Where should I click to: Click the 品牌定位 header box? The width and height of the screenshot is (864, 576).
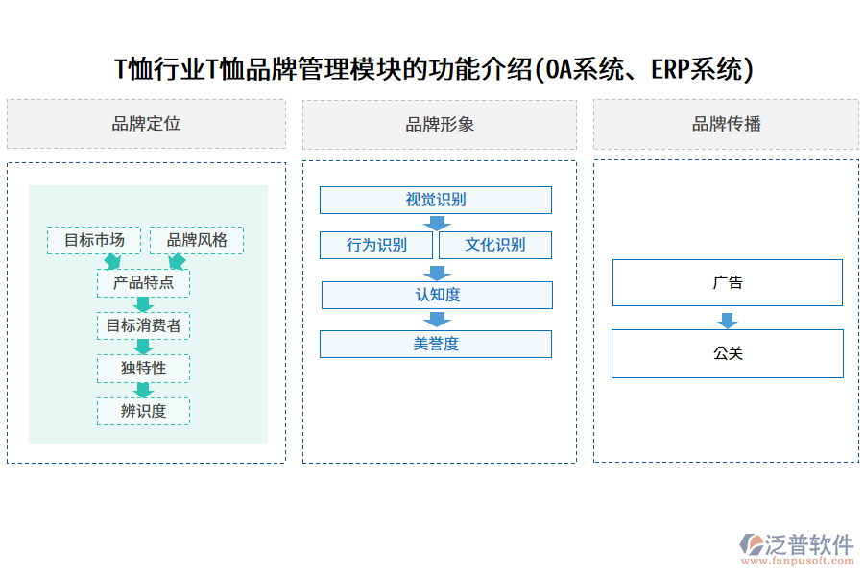pyautogui.click(x=146, y=124)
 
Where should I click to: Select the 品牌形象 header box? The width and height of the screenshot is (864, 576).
pyautogui.click(x=440, y=124)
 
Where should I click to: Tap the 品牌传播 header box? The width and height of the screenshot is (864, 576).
pyautogui.click(x=726, y=124)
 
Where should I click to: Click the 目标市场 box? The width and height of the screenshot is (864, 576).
pyautogui.click(x=94, y=240)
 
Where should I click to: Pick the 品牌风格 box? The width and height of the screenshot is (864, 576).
pyautogui.click(x=197, y=240)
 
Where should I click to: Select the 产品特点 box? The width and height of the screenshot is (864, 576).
pyautogui.click(x=143, y=283)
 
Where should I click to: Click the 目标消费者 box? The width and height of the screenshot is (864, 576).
pyautogui.click(x=143, y=325)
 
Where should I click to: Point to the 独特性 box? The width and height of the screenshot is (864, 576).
pyautogui.click(x=143, y=368)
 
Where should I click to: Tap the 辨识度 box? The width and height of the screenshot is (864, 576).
pyautogui.click(x=143, y=411)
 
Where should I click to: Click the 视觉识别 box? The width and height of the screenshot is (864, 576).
pyautogui.click(x=436, y=200)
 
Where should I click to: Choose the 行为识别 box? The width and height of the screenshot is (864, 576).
pyautogui.click(x=377, y=245)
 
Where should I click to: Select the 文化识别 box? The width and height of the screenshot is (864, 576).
pyautogui.click(x=495, y=245)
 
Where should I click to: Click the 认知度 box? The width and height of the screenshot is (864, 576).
pyautogui.click(x=437, y=295)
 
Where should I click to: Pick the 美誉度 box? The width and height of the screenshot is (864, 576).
pyautogui.click(x=436, y=344)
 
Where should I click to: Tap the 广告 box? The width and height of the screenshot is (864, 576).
pyautogui.click(x=728, y=282)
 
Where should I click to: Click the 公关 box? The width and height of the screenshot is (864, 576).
pyautogui.click(x=728, y=353)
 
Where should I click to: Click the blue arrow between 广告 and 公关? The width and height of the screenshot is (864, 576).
pyautogui.click(x=728, y=320)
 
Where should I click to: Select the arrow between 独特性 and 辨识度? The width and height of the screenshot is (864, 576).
pyautogui.click(x=144, y=390)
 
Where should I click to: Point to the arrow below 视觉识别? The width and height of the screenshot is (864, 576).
pyautogui.click(x=438, y=223)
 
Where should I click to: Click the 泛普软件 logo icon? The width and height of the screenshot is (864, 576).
pyautogui.click(x=752, y=544)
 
